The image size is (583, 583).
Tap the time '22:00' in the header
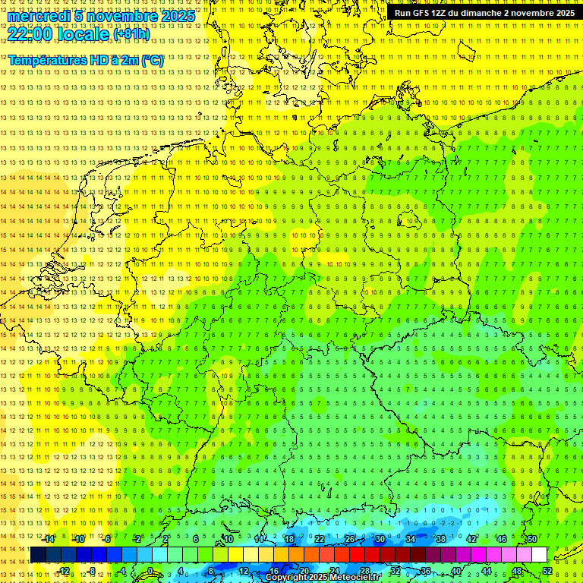pyautogui.click(x=30, y=33)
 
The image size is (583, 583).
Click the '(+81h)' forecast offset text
pyautogui.click(x=131, y=34)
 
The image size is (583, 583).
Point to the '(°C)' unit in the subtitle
pyautogui.click(x=152, y=60)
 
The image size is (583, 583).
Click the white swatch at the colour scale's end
pyautogui.click(x=539, y=554)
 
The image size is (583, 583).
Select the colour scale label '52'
pyautogui.click(x=547, y=571)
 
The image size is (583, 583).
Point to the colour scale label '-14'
pyautogui.click(x=49, y=539)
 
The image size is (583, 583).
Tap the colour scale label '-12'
pyautogui.click(x=64, y=571)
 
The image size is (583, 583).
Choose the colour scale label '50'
pyautogui.click(x=532, y=539)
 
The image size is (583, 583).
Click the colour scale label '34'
pyautogui.click(x=410, y=539)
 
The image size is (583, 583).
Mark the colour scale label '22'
pyautogui.click(x=319, y=539)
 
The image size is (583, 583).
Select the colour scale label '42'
pyautogui.click(x=471, y=539)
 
